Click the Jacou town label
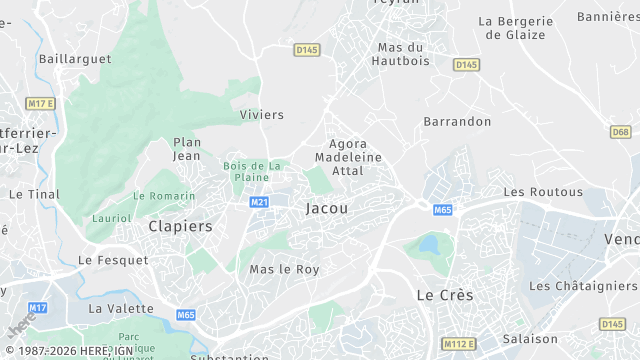327,208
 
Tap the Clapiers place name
180,226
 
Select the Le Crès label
445,295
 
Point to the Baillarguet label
75,59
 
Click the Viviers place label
262,115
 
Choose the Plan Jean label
187,149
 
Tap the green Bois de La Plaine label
254,171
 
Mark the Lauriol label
111,217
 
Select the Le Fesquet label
113,260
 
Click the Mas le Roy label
284,269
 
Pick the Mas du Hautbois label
401,54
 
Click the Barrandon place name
457,121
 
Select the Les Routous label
543,191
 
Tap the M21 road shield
259,202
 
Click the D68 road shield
620,132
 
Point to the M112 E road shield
459,344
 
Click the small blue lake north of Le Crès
429,244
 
